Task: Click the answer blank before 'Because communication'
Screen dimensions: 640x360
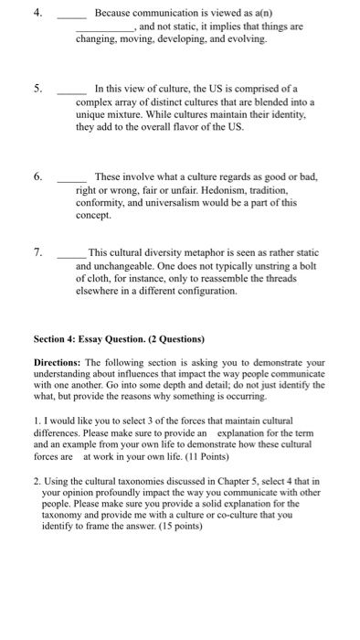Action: [72, 16]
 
